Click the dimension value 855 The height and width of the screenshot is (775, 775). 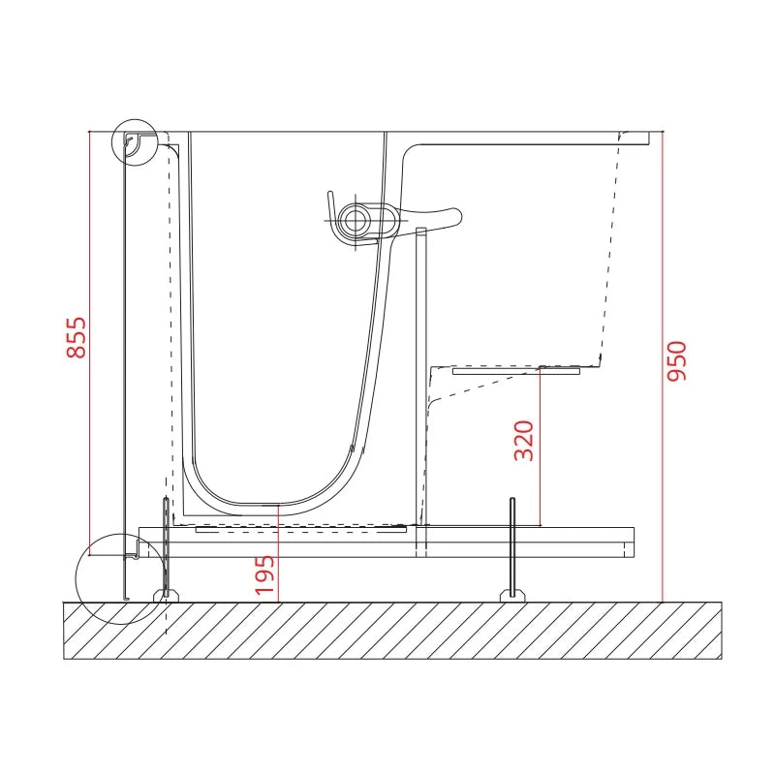[77, 337]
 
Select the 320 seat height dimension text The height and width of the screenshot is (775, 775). [524, 441]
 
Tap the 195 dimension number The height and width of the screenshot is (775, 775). [264, 574]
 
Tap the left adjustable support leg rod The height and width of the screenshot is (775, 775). [167, 546]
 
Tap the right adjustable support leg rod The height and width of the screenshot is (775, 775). [512, 546]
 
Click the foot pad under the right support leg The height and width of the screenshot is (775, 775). [512, 596]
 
